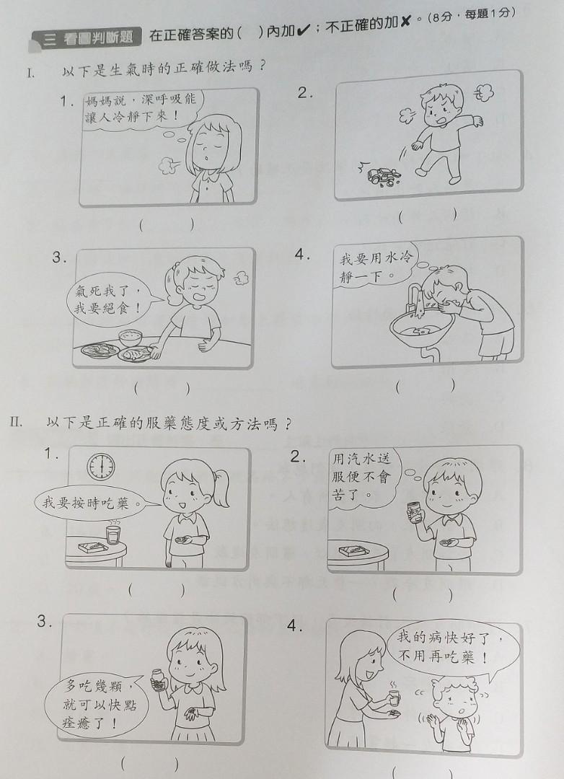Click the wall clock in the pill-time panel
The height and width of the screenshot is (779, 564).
pos(101,467)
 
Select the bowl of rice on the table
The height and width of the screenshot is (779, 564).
pos(131,336)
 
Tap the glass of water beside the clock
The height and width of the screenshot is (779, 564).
pos(113,535)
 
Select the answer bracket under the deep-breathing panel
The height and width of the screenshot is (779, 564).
pos(167,225)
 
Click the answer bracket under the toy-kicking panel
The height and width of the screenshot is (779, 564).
pos(428,215)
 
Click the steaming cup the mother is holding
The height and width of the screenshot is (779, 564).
pos(392,697)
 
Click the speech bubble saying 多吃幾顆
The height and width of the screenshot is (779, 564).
pos(97,703)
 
